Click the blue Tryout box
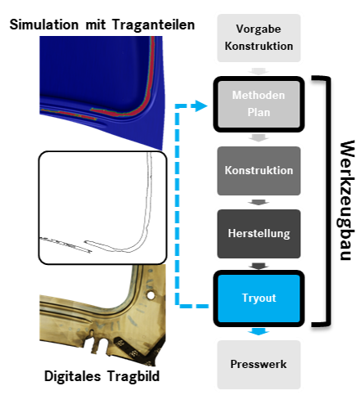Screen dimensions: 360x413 point(259,299)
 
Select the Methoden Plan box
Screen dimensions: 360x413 point(259,104)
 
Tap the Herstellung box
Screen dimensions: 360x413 point(259,234)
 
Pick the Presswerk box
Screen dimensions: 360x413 point(259,365)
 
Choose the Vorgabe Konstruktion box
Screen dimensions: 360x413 point(259,38)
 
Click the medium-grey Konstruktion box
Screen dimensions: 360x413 point(259,171)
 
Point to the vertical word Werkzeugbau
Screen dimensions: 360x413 point(347,200)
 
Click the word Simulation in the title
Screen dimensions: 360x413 point(44,25)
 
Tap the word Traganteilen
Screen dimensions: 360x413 point(153,25)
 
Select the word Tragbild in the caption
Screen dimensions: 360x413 point(133,376)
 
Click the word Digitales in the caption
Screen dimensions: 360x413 point(73,376)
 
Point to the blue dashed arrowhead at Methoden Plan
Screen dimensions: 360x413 point(201,105)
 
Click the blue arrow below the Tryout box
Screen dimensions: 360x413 point(259,331)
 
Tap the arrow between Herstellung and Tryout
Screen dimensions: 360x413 point(259,266)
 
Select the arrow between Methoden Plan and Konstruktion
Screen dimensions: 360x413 point(259,137)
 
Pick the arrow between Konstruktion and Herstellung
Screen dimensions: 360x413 point(259,203)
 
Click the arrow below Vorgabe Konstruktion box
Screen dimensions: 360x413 point(259,71)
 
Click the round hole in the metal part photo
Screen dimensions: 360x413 point(151,295)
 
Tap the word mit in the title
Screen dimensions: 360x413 point(96,25)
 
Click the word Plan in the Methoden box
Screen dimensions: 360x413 point(259,112)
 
